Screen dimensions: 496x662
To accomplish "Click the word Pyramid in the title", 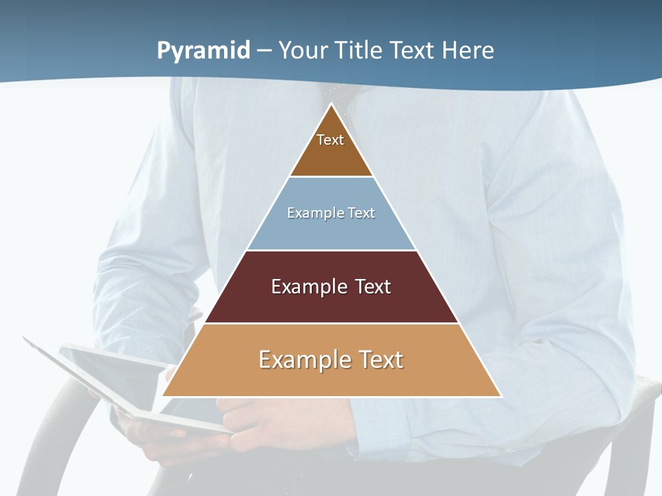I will click(203, 51).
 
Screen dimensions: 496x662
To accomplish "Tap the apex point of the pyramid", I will click(332, 104).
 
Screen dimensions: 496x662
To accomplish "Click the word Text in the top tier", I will click(330, 140).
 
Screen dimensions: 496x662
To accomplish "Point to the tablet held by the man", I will click(103, 372).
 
